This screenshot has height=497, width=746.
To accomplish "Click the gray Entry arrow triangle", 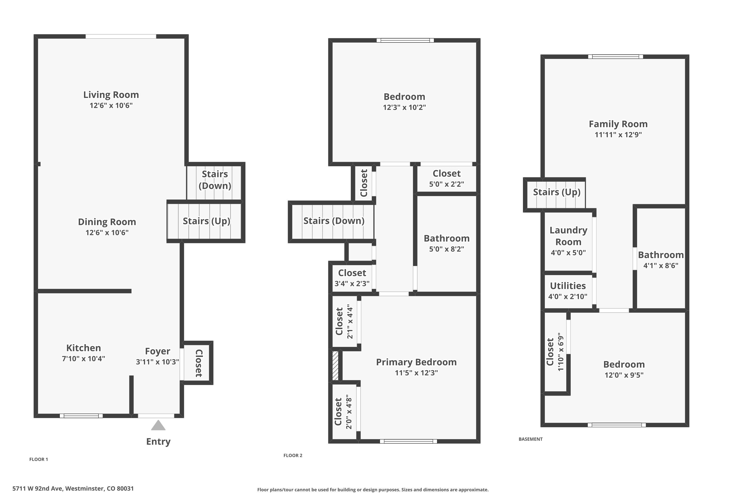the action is point(158,425).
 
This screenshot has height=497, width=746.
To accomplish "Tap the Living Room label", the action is point(111,95).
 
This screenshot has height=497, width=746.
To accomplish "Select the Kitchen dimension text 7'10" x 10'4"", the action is point(83,359).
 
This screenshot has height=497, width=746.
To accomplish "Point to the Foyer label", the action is point(158,351).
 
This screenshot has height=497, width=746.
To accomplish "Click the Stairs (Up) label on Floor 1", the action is point(206,221).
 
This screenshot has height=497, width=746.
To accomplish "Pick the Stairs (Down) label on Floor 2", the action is point(334,221).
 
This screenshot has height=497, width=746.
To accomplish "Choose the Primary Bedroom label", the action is point(417,362).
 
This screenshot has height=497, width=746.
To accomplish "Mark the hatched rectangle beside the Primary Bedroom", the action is point(335,365).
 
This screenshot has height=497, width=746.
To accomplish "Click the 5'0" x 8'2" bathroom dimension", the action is point(447,249).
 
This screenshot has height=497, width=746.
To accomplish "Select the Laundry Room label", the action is point(568,236).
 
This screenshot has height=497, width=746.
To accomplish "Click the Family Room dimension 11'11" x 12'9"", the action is point(618,134).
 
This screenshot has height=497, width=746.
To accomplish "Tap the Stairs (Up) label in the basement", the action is point(557,192).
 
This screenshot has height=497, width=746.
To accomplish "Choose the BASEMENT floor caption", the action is point(531,439).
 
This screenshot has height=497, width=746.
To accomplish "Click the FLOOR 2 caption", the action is point(293,456).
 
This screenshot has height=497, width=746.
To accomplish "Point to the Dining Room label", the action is point(107,222).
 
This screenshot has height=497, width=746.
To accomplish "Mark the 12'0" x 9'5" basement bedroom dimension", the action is point(624,375).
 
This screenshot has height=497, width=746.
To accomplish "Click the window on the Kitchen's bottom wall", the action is point(81,416).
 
